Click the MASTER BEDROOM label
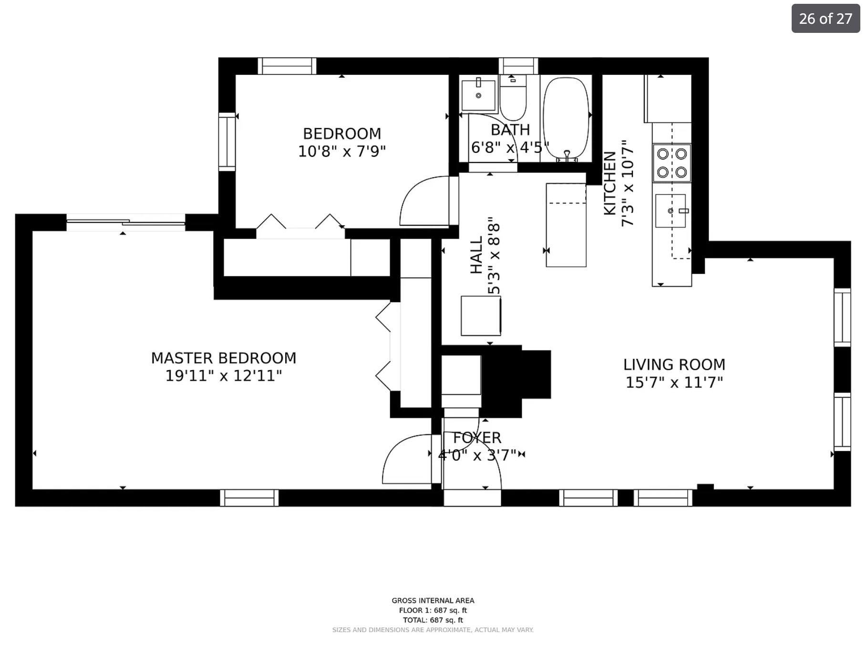coord(223,358)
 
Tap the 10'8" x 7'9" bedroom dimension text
coord(341,151)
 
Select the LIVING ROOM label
coord(674,364)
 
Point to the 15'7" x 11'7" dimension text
coord(674,382)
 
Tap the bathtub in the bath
coord(566,117)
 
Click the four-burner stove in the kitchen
coord(671,163)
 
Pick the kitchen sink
coord(670,211)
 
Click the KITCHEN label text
coord(610,183)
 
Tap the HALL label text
coord(476,256)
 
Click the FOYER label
coord(477,437)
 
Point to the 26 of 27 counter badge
coord(825,19)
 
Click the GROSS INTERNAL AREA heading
coord(433,601)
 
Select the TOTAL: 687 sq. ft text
coord(433,620)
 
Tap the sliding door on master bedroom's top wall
coord(126,222)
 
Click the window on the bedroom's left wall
coord(227,141)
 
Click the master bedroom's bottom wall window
coord(249,498)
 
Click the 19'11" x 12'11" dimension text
coord(223,376)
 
